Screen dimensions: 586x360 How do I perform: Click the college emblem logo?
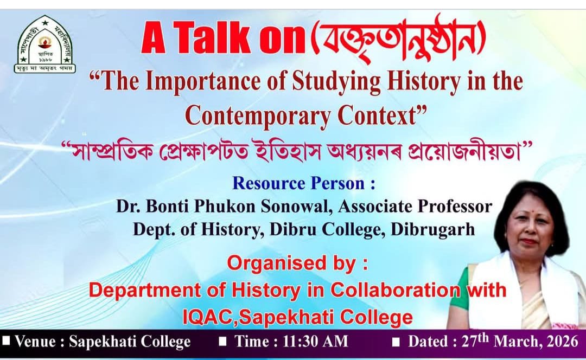click(45, 44)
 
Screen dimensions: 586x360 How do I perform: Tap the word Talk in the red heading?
click(212, 38)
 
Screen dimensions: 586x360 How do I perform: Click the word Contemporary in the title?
click(258, 116)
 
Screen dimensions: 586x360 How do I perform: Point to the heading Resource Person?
click(303, 183)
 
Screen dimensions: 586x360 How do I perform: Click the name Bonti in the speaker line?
click(167, 206)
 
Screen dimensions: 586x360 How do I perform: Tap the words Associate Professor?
click(415, 207)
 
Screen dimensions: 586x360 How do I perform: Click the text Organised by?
click(297, 263)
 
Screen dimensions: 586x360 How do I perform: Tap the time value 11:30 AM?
click(315, 342)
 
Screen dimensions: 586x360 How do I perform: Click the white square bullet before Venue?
click(7, 340)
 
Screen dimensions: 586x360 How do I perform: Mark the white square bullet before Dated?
click(397, 342)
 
